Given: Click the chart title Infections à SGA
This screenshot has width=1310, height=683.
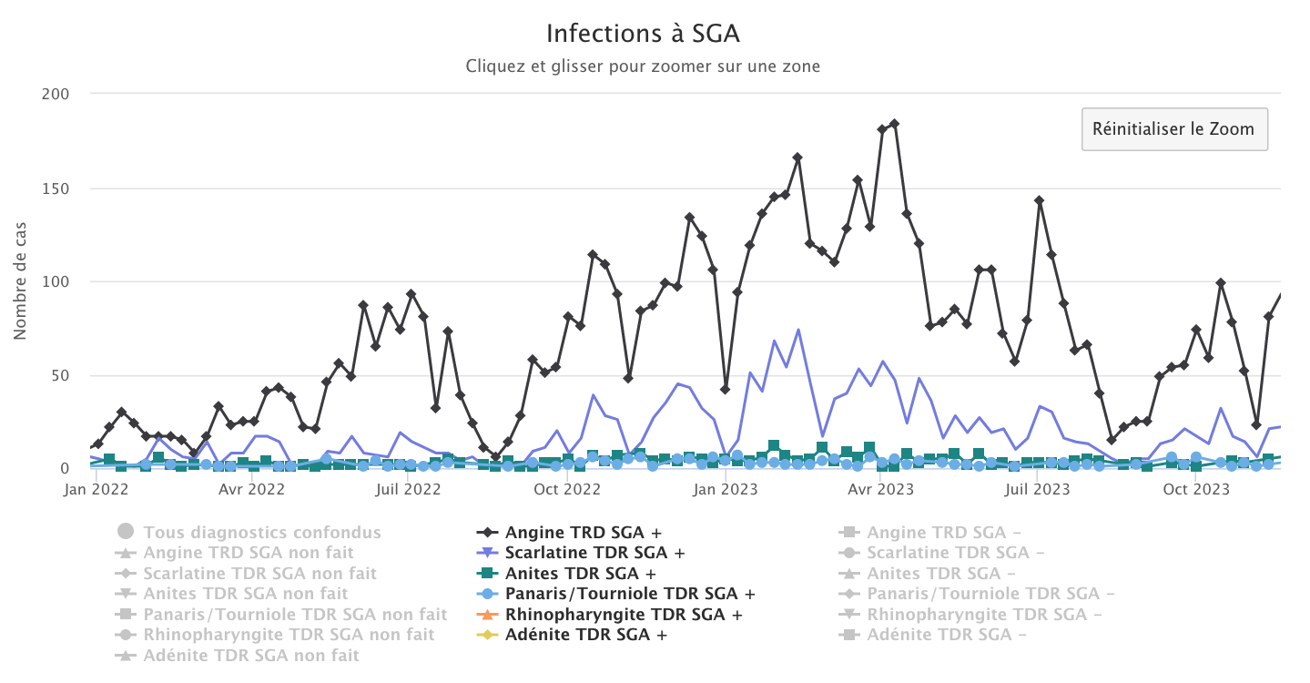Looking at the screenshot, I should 643,34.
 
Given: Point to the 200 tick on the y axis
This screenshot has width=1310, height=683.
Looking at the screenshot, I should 56,94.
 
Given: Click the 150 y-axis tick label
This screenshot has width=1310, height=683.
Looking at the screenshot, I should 56,189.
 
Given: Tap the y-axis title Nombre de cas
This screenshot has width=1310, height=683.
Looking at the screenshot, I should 20,280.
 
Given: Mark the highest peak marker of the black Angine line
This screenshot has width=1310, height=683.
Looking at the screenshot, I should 894,124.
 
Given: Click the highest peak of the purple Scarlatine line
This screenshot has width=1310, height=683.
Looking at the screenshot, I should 797,330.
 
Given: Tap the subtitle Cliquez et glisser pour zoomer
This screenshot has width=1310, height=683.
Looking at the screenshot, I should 643,66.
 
